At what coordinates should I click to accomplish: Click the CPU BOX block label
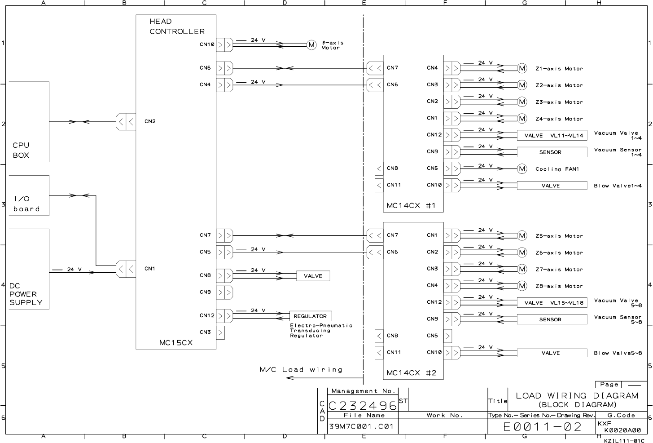(21, 150)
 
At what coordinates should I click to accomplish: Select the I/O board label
(26, 204)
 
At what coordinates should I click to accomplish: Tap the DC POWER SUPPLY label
(26, 294)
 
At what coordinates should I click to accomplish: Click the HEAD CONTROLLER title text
(177, 26)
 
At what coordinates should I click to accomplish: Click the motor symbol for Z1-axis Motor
(522, 68)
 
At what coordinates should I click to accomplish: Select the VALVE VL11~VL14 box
(552, 135)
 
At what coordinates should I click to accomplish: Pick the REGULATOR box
(310, 316)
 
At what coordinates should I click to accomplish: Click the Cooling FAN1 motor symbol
(522, 169)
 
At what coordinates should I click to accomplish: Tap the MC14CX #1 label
(411, 206)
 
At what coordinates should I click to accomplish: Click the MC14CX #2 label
(411, 373)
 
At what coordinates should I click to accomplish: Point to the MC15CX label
(176, 342)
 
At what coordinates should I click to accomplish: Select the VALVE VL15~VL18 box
(552, 303)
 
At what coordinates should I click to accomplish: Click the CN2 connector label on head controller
(150, 121)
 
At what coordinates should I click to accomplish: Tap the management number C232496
(363, 406)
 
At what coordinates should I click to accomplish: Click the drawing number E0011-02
(542, 426)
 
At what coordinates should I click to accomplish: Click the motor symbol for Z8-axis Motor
(522, 286)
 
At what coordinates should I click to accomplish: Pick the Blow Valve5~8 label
(618, 353)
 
